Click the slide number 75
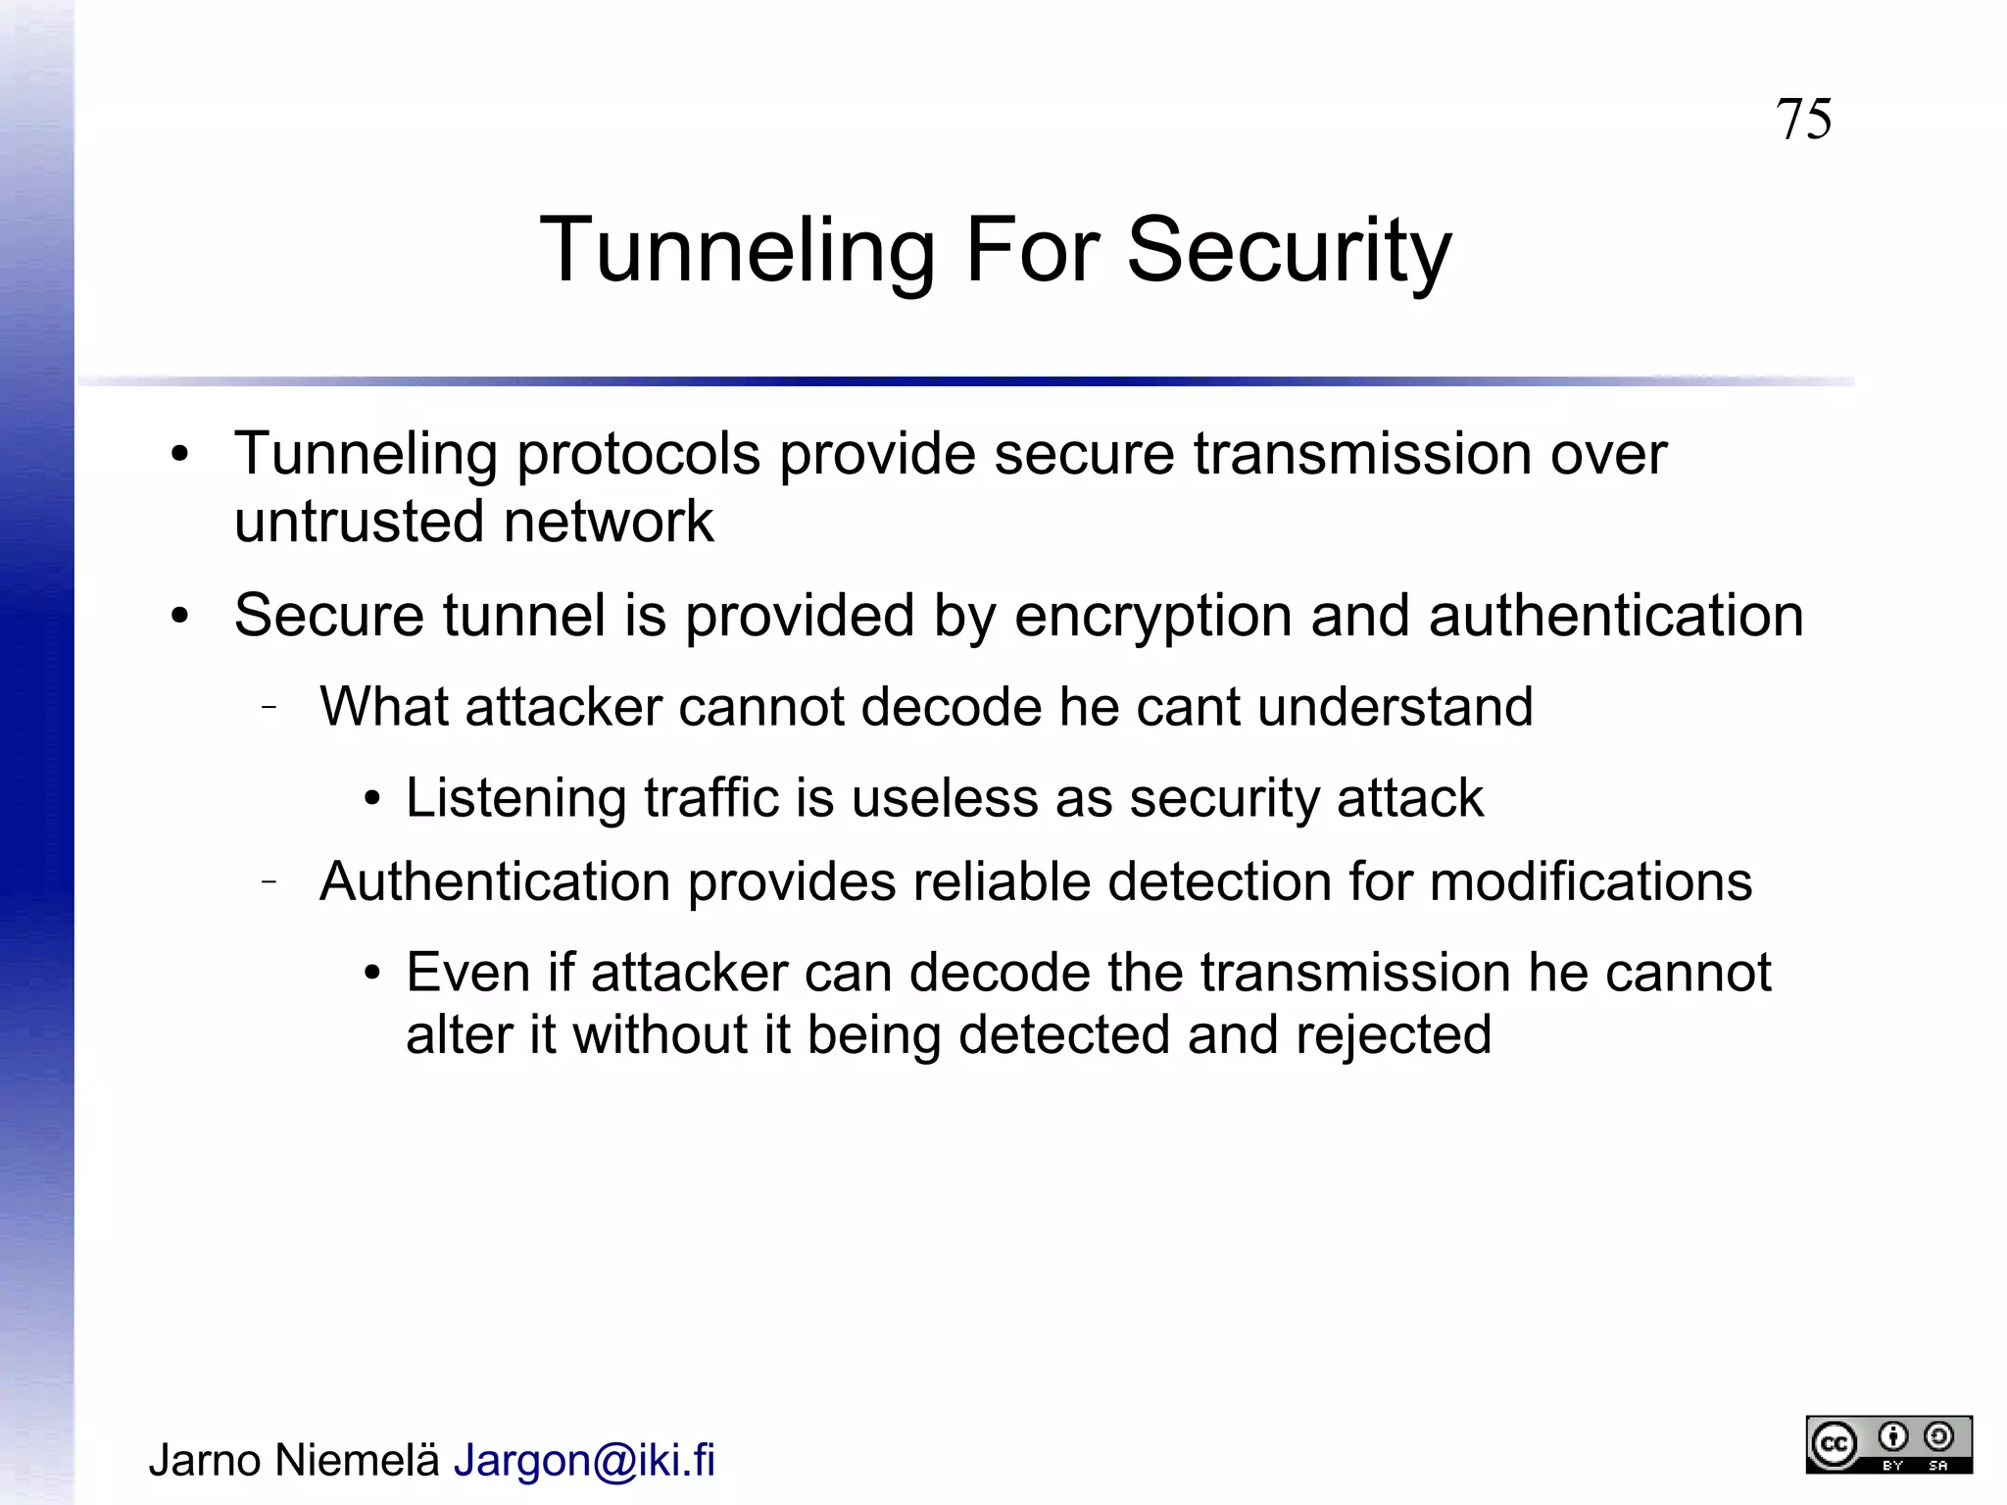click(1803, 120)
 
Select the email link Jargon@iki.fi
click(584, 1460)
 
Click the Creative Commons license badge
click(1888, 1443)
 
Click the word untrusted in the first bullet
click(360, 521)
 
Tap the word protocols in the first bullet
click(638, 454)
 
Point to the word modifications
click(1591, 880)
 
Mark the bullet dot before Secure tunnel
click(179, 618)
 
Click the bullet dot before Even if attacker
click(371, 974)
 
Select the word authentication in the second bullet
click(1616, 616)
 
